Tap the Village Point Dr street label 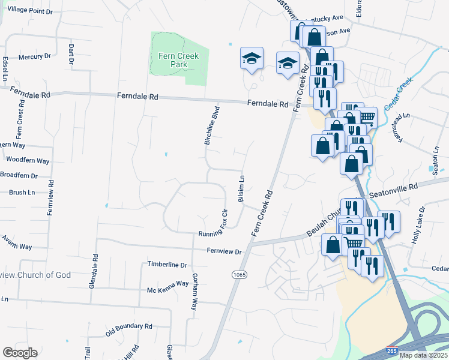29,11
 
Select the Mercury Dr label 34,56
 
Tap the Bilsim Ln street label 242,189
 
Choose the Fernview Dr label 224,252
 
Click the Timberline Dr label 167,265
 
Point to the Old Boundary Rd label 129,328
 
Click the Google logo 20,352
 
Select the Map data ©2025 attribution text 424,355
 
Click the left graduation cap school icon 252,58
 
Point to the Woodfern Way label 28,161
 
